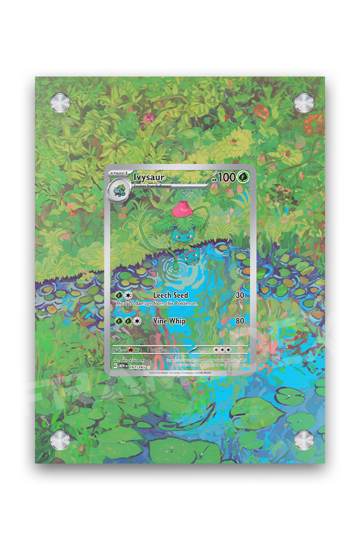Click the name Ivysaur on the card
point(149,177)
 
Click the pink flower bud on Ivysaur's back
point(182,209)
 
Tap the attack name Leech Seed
point(170,295)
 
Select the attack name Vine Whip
point(169,321)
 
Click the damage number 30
point(240,295)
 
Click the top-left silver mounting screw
point(60,102)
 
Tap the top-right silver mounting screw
point(304,102)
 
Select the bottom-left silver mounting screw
point(60,439)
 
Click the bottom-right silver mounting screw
point(304,439)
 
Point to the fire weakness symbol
point(131,350)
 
